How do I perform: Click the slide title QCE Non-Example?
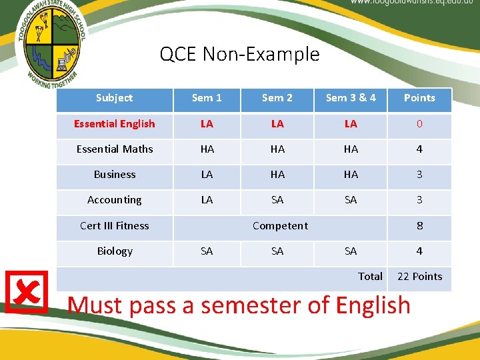point(239,54)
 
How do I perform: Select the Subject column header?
point(114,98)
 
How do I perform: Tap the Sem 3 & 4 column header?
point(351,98)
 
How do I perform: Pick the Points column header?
point(419,98)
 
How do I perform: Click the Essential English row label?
point(114,124)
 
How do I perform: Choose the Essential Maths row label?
point(114,149)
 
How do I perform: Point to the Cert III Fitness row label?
point(114,226)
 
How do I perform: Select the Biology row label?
point(114,251)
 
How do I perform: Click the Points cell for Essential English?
point(419,124)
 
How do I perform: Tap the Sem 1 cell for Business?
point(207,175)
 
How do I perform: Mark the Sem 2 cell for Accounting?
point(277,200)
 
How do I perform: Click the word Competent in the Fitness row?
point(280,226)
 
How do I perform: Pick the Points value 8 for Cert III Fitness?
point(419,226)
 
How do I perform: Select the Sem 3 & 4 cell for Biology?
point(351,251)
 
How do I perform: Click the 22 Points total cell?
point(419,277)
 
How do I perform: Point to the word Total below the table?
point(370,277)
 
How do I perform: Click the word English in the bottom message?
point(373,305)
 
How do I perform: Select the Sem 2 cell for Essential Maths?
point(277,149)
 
